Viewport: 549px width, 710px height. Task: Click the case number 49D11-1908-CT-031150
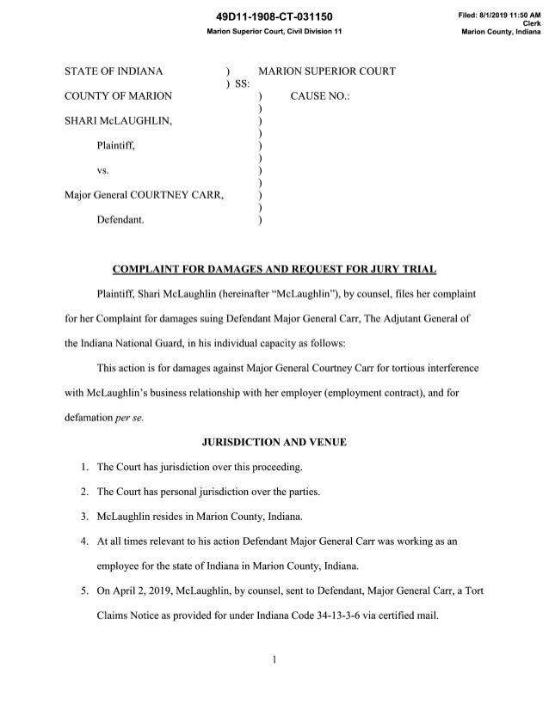pos(274,17)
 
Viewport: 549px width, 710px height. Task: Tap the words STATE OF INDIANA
pos(114,72)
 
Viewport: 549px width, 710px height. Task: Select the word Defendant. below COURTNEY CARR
pos(121,221)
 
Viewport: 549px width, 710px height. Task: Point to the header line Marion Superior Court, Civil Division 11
pos(274,32)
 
